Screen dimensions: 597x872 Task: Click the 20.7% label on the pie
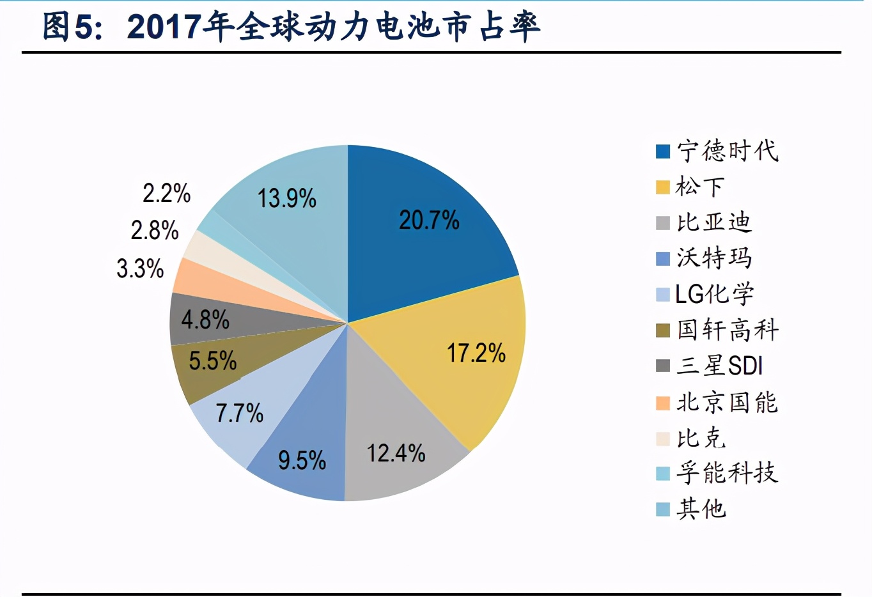tap(429, 221)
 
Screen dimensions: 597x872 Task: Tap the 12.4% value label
tap(396, 454)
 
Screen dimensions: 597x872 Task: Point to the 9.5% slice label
tap(302, 460)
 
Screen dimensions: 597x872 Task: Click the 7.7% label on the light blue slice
tap(239, 414)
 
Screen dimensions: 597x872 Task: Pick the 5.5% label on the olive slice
tap(212, 361)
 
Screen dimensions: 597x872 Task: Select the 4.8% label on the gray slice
tap(205, 320)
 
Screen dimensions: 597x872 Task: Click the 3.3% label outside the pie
tap(140, 268)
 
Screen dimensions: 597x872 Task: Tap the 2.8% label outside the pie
tap(155, 231)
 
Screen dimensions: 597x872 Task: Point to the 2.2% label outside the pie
tap(166, 193)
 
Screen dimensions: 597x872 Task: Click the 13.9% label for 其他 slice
tap(286, 199)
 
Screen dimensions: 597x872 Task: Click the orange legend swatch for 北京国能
tap(663, 403)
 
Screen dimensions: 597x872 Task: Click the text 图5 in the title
tap(71, 27)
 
